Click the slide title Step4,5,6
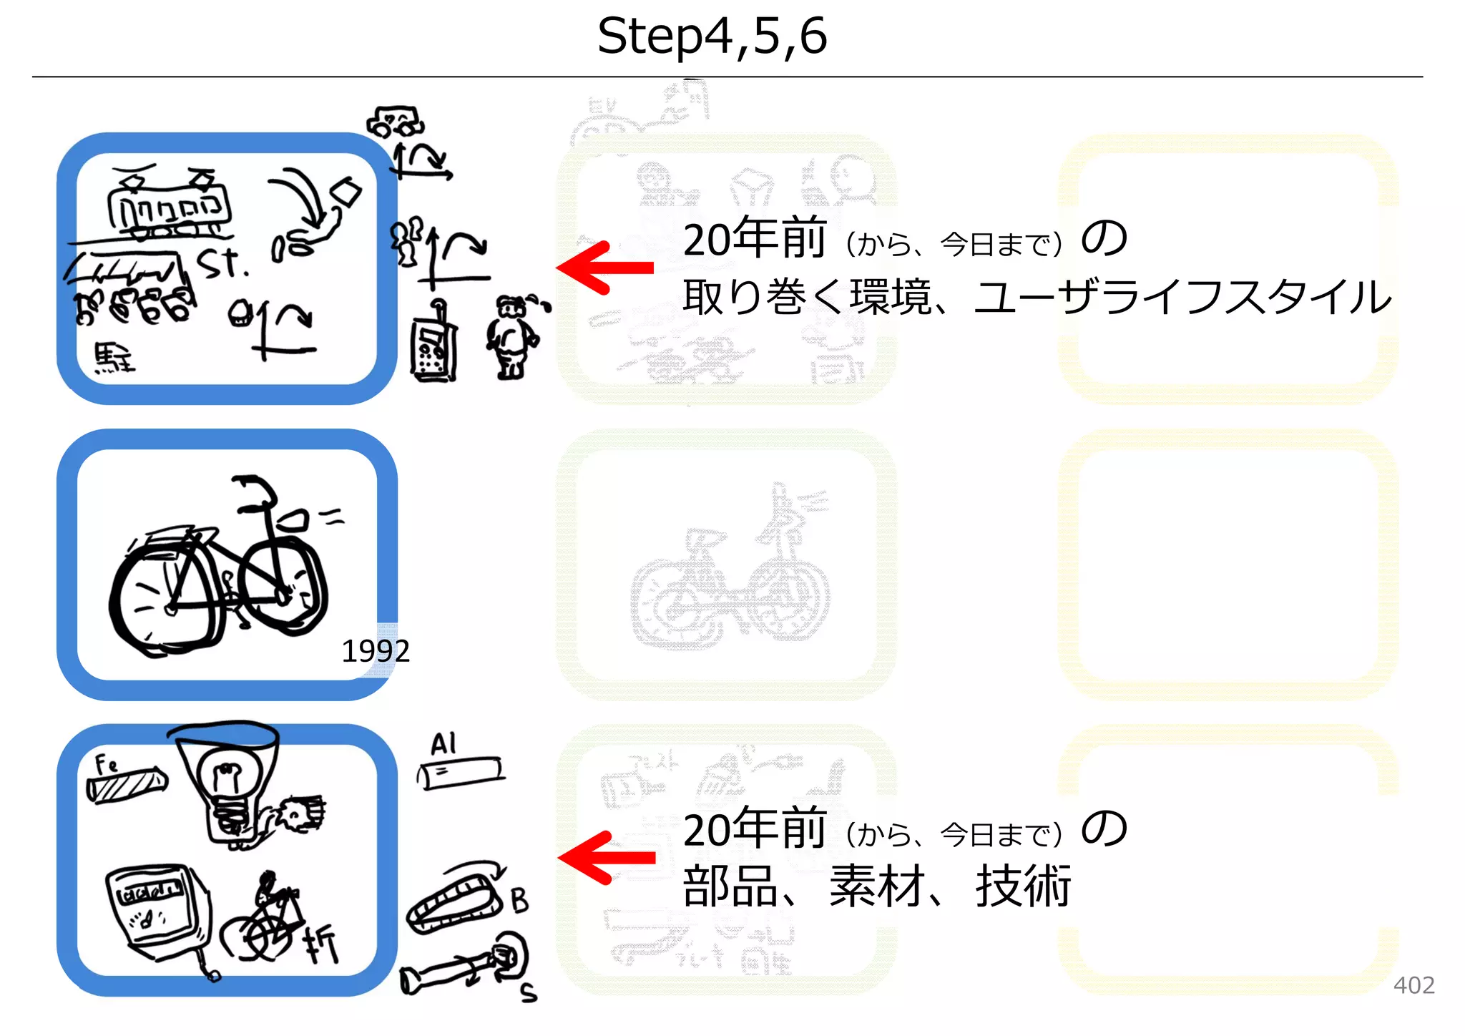712,36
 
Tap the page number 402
1413,985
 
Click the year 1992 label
376,651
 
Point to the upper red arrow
604,268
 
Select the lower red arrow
607,857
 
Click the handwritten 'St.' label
222,263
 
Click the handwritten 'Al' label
444,744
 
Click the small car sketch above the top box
396,122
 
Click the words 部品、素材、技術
877,886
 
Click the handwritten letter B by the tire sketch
520,900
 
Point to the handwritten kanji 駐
114,358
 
